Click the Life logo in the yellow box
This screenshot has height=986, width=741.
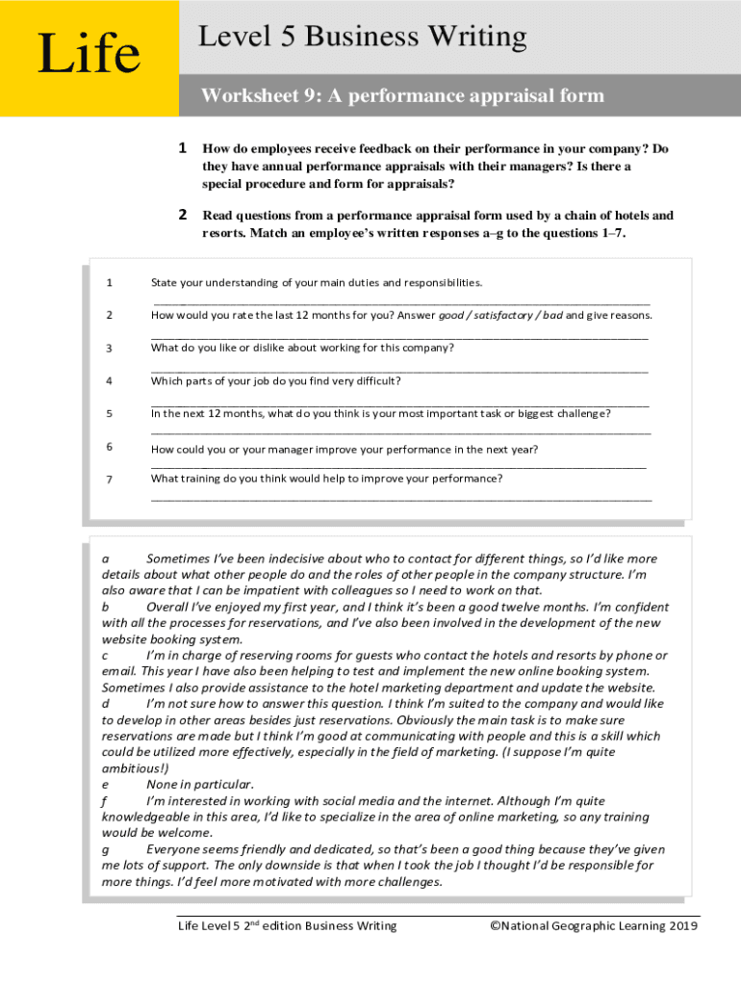click(x=88, y=54)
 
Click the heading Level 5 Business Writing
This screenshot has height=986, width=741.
click(x=362, y=38)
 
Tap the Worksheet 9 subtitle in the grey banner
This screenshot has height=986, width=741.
click(x=402, y=95)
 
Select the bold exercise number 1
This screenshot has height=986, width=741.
click(x=182, y=149)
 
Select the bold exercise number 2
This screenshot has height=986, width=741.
click(x=182, y=216)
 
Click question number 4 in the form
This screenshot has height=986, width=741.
click(x=110, y=380)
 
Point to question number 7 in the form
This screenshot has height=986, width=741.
click(x=110, y=480)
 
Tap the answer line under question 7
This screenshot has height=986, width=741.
click(x=400, y=498)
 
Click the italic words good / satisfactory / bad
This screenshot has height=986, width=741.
click(x=500, y=315)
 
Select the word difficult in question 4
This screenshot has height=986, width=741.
click(x=377, y=380)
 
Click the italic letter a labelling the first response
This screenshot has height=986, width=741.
click(x=106, y=558)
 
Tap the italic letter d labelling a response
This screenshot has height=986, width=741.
click(x=106, y=704)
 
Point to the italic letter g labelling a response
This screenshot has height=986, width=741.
click(x=106, y=849)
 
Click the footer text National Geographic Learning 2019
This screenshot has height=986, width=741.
click(x=594, y=926)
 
